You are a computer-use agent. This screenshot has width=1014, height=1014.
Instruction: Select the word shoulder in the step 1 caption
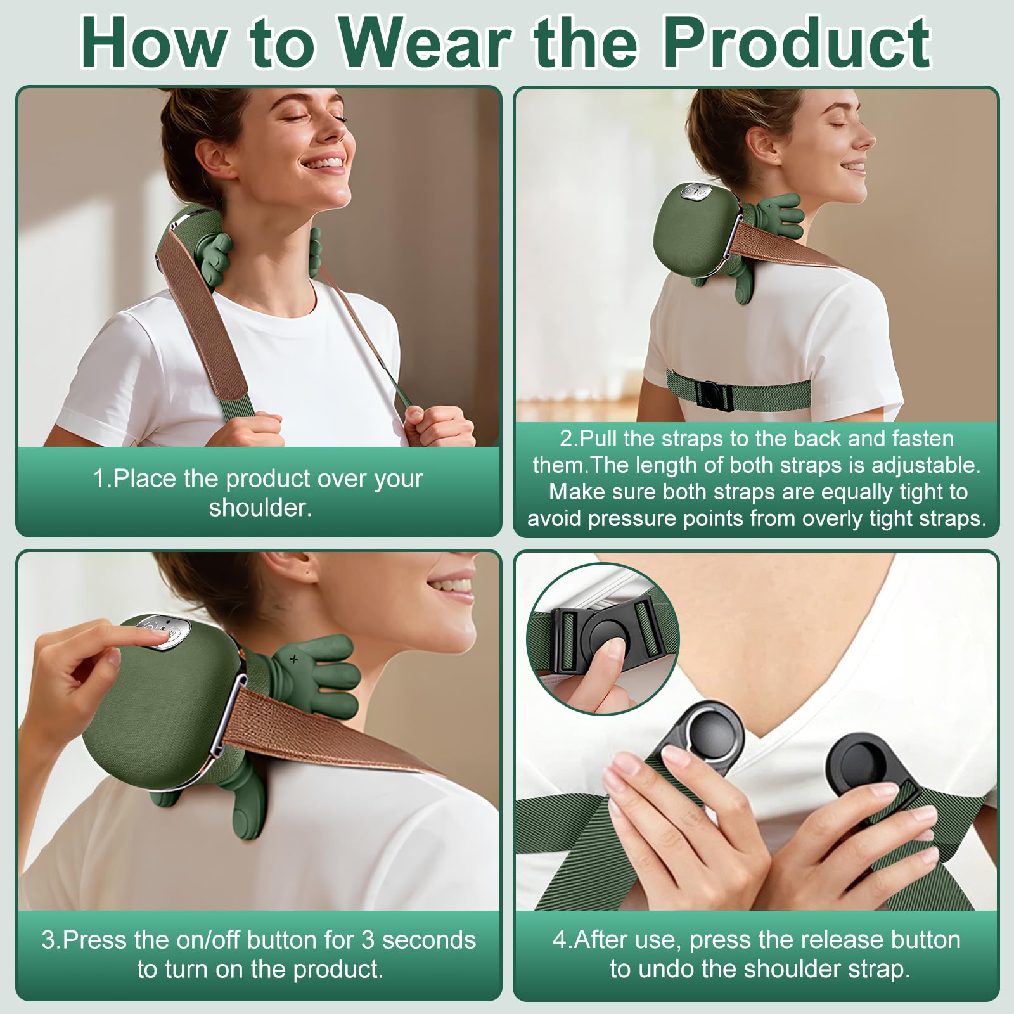(260, 508)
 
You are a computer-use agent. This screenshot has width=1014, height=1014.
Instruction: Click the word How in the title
(154, 42)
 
